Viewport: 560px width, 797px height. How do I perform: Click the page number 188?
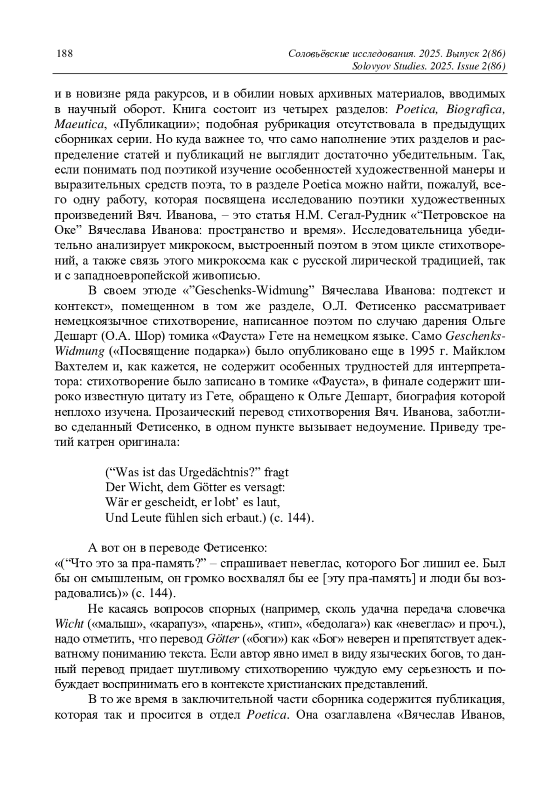tap(64, 53)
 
